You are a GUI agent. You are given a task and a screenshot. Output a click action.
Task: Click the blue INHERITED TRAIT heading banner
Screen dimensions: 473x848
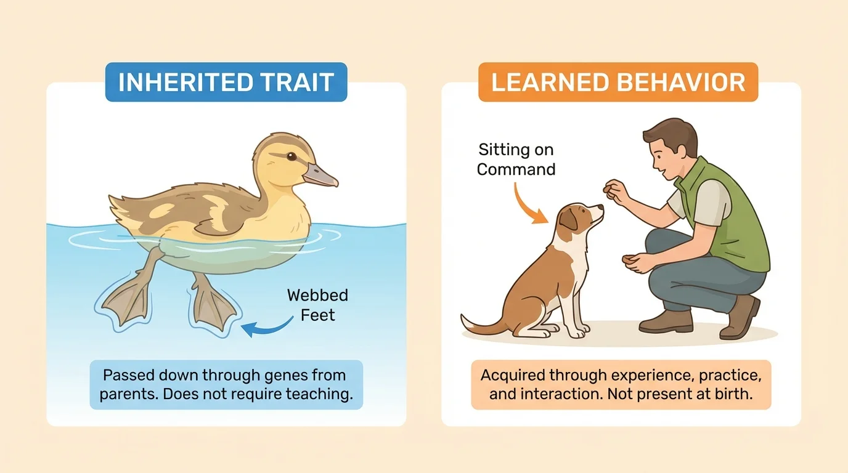pos(226,83)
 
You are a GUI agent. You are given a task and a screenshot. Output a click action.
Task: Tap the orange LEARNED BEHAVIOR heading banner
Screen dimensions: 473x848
pos(618,83)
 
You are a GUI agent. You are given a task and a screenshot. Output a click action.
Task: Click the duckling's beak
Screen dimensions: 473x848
pos(321,176)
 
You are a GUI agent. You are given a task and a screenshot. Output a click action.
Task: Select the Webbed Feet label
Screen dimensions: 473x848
pos(317,305)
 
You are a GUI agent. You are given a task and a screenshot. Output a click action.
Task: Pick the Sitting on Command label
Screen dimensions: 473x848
pos(516,159)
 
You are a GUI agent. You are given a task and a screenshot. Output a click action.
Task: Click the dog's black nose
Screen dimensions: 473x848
pos(601,208)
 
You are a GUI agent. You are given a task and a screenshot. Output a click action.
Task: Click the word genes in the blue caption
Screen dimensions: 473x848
pos(285,375)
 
